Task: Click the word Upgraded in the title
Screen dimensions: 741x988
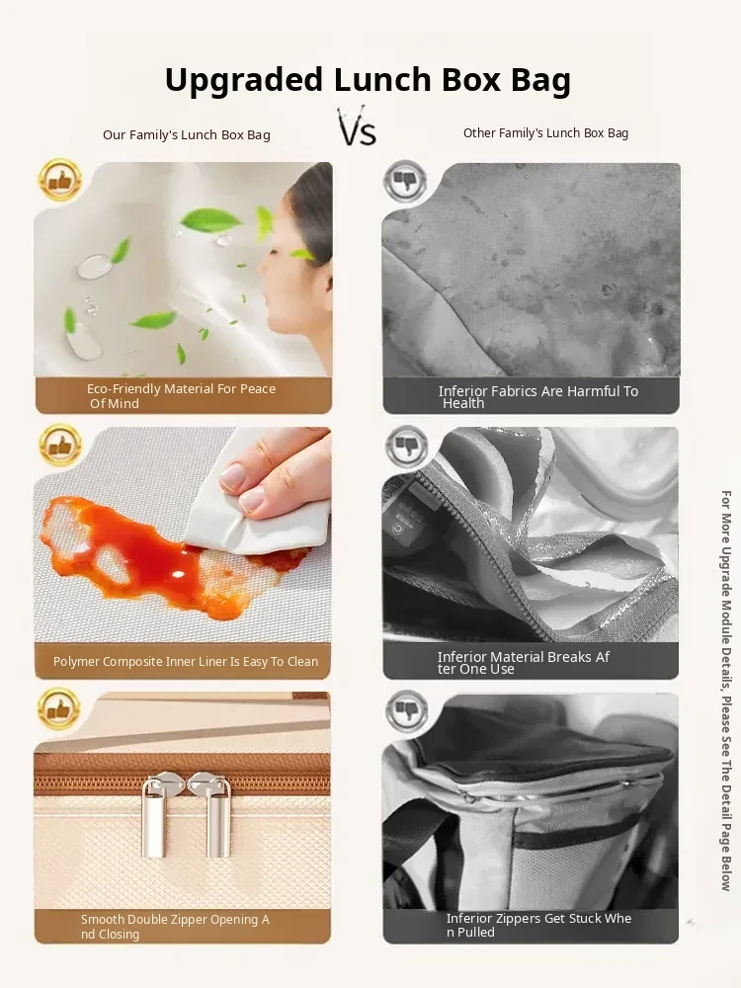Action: point(244,81)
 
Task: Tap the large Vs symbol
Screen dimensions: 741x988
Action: point(358,126)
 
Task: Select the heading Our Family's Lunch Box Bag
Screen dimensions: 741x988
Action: point(187,134)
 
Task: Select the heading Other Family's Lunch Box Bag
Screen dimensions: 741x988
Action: point(545,133)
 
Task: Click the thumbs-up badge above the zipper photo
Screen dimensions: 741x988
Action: point(59,708)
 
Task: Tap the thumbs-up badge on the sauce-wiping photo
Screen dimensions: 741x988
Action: point(60,446)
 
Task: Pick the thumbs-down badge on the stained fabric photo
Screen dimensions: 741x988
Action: point(405,181)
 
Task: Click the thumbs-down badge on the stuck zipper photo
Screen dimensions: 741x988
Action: point(406,711)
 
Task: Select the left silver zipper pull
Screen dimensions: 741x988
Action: point(155,814)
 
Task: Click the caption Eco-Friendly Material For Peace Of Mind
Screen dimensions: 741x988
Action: point(182,396)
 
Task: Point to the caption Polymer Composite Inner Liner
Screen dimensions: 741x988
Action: point(186,662)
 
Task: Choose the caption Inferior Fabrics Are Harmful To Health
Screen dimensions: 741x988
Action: point(538,397)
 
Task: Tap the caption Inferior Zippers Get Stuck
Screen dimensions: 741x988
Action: point(538,925)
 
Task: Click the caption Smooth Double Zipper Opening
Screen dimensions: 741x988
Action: point(175,927)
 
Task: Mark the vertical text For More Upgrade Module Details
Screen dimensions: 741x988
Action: point(726,691)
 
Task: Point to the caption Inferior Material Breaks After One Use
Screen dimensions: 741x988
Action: point(524,663)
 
